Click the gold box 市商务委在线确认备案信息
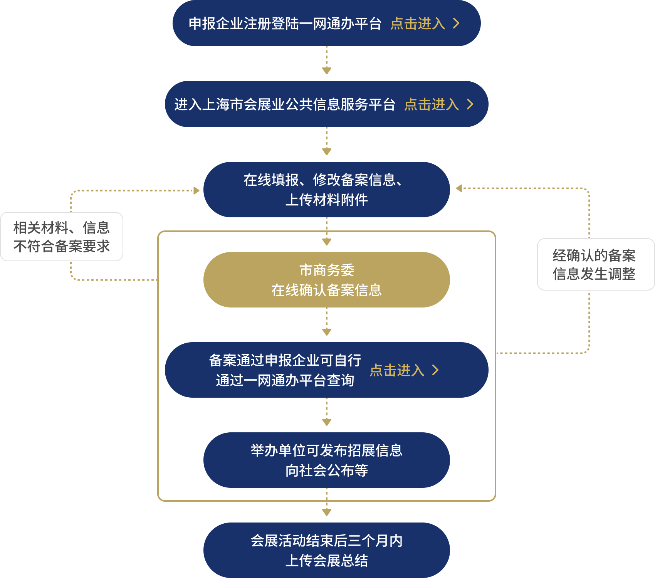click(x=326, y=280)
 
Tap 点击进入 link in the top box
click(x=418, y=24)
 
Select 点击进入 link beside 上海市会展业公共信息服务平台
click(x=432, y=104)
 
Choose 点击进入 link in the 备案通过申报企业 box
click(x=397, y=370)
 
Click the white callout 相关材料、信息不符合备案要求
click(x=62, y=237)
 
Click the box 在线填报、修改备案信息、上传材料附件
click(x=326, y=190)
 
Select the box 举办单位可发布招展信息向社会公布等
click(x=326, y=460)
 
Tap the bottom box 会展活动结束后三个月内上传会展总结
click(x=326, y=550)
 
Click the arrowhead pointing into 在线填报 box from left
click(x=196, y=190)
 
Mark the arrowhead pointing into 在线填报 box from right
click(x=458, y=188)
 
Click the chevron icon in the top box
click(x=456, y=24)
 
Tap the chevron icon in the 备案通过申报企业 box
click(x=435, y=370)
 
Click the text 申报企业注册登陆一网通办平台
click(x=285, y=24)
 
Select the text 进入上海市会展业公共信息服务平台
click(x=285, y=104)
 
